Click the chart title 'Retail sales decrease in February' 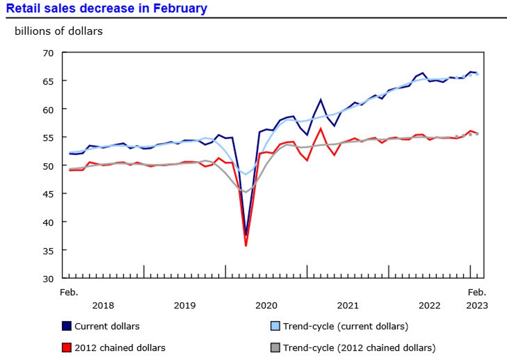(x=107, y=8)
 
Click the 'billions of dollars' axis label (x=59, y=31)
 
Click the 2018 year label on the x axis (x=103, y=305)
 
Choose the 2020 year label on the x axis (x=266, y=305)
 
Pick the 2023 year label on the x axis (x=477, y=305)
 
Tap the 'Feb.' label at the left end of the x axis (x=69, y=292)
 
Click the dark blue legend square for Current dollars (x=67, y=327)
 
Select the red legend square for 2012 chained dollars (x=67, y=348)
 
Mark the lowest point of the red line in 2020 (x=246, y=246)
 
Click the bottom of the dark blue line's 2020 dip (x=246, y=235)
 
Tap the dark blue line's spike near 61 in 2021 (x=321, y=99)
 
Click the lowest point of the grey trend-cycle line (x=245, y=192)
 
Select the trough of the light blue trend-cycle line (x=246, y=174)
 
